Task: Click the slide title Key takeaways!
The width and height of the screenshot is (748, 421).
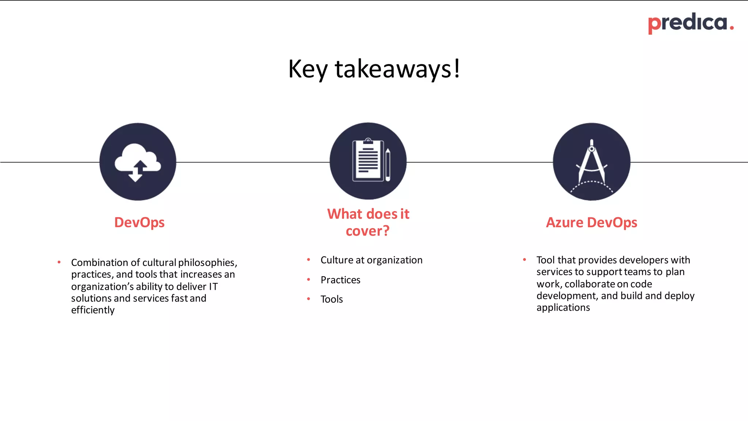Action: click(374, 69)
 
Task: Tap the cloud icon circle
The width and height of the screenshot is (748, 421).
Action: click(138, 162)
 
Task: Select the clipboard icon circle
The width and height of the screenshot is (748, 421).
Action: click(368, 161)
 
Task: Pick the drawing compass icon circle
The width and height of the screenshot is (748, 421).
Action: click(591, 162)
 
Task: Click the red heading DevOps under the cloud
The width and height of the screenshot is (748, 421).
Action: click(139, 223)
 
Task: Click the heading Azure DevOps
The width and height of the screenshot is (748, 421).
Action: click(591, 223)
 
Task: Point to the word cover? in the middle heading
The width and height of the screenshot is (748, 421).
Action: click(367, 231)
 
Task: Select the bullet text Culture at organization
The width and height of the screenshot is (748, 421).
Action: click(371, 260)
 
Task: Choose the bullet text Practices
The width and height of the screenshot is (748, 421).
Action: click(340, 280)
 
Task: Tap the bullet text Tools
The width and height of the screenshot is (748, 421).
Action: click(332, 299)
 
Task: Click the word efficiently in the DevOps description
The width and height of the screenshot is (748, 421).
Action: click(93, 310)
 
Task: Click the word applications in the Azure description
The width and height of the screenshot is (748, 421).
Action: click(563, 308)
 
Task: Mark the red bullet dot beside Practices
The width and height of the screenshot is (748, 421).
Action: click(309, 280)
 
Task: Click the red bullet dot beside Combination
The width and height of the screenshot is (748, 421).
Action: click(59, 262)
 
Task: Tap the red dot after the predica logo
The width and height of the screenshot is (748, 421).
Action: click(732, 28)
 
